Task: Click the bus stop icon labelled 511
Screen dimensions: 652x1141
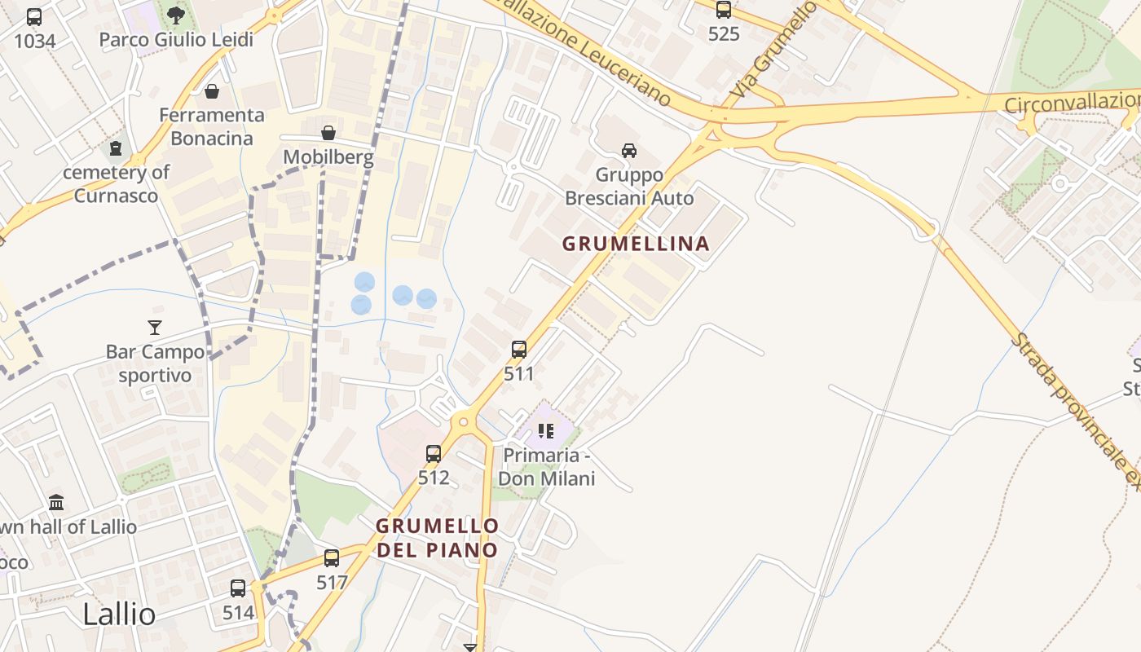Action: [518, 350]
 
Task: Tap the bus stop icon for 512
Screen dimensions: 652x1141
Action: [434, 453]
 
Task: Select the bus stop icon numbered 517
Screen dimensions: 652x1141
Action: [332, 558]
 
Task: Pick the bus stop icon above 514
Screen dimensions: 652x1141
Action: [238, 588]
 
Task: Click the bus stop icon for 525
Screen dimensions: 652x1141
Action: [724, 10]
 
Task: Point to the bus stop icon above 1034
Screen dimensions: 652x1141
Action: [34, 16]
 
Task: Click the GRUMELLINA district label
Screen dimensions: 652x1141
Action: [636, 243]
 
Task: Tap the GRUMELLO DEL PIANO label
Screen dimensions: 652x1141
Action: [437, 538]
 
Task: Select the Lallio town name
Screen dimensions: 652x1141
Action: [119, 614]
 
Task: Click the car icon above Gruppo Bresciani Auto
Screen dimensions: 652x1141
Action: [629, 150]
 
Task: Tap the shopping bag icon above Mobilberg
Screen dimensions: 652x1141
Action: [328, 132]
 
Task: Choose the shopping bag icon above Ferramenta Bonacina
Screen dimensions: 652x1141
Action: [212, 90]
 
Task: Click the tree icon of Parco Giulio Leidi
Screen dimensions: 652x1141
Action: [175, 15]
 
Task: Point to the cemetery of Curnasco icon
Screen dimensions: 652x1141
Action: [116, 148]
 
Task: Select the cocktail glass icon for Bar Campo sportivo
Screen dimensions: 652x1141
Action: [155, 328]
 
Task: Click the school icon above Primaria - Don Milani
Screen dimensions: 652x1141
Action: [546, 430]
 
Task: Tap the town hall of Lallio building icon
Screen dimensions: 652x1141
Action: [56, 502]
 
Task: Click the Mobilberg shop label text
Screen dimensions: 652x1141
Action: [328, 156]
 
